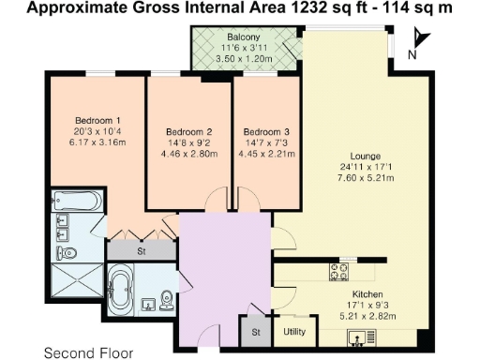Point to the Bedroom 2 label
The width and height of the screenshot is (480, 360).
coord(188,131)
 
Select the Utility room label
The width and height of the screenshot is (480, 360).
coord(294,332)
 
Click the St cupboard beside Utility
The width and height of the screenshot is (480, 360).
coord(254,332)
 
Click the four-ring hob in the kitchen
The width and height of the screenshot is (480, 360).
coord(339,272)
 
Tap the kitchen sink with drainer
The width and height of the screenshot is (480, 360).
coord(360,335)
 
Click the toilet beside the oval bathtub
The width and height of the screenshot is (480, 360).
coord(166,298)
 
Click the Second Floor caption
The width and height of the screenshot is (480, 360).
coord(89,352)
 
